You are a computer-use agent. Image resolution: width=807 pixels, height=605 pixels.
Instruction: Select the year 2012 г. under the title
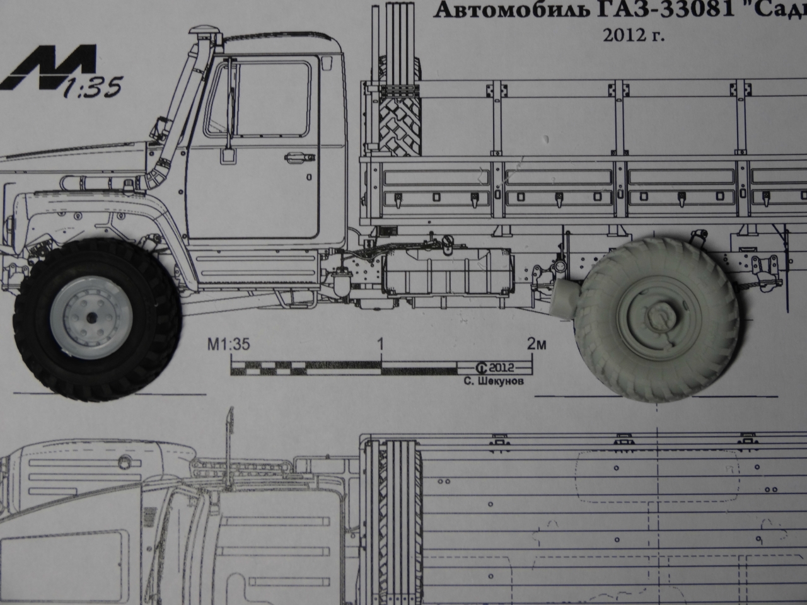pos(634,37)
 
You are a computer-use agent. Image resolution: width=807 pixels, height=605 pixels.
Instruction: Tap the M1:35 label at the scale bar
pos(229,345)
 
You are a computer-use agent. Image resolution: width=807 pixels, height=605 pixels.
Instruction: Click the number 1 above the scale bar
pos(381,344)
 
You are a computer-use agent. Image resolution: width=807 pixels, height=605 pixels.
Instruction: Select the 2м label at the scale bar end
pos(537,344)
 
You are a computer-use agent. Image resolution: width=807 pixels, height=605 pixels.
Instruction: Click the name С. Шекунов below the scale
pos(494,381)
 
